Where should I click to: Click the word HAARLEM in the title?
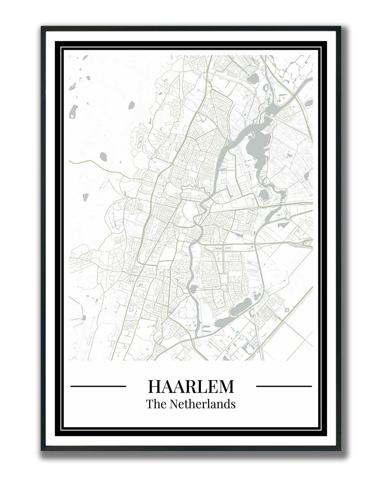coord(191,386)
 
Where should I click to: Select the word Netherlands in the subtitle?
coord(203,404)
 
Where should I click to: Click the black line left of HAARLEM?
coord(98,386)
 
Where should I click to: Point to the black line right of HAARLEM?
coord(284,386)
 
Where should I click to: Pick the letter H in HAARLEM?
coord(155,386)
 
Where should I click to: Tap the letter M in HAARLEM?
coord(226,386)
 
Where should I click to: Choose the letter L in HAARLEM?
coord(198,386)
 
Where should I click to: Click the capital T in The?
coord(150,404)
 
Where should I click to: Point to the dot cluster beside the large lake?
coord(247,163)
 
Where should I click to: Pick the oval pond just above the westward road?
coord(104,155)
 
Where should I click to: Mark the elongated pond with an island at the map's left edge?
coord(73,111)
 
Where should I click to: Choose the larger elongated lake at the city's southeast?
coord(241,307)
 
